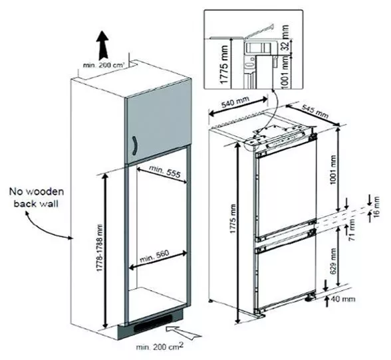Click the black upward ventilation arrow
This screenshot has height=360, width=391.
[x=103, y=45]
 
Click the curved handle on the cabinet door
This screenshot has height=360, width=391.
[x=135, y=146]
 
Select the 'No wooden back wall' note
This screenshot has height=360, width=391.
[x=37, y=197]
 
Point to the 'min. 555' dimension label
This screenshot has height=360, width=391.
[x=165, y=171]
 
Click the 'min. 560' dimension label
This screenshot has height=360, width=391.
[x=154, y=256]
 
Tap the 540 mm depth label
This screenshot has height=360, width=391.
[x=235, y=103]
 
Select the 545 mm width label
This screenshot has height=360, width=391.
[x=315, y=112]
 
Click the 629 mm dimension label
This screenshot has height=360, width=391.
[x=333, y=261]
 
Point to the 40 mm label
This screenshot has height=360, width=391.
[x=343, y=299]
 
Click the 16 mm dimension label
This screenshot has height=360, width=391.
[x=376, y=207]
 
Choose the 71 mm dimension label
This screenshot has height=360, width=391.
[x=352, y=229]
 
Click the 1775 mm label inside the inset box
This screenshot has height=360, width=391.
[x=225, y=64]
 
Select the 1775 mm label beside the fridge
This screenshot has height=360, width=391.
[x=233, y=219]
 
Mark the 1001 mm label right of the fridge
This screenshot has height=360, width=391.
[x=332, y=169]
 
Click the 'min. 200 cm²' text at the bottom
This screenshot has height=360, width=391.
[x=160, y=346]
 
